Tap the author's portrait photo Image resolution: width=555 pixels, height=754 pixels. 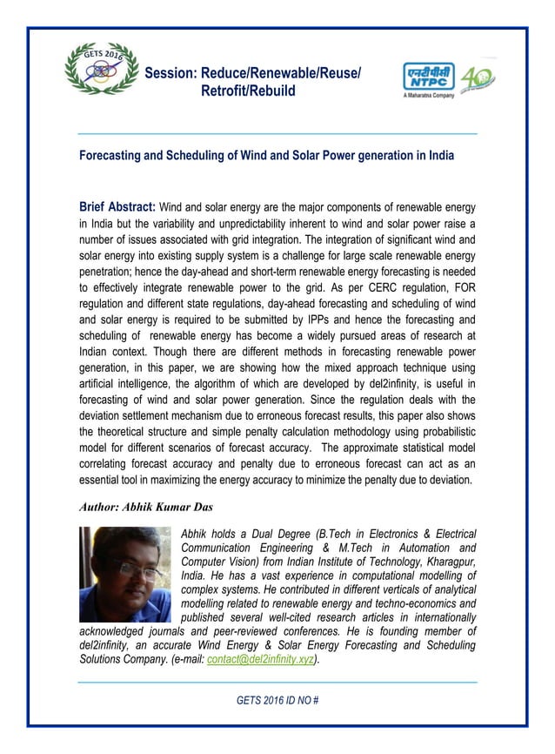(125, 575)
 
